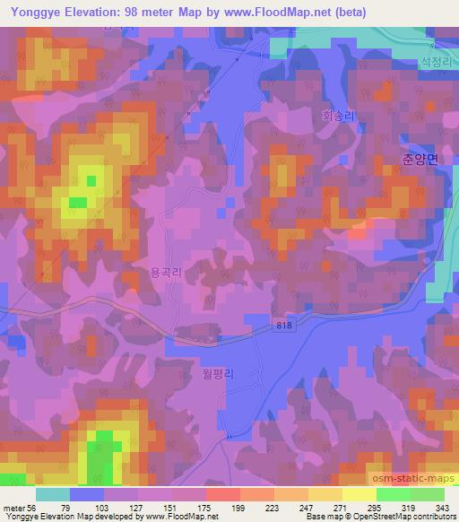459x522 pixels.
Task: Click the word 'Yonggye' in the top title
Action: (32, 12)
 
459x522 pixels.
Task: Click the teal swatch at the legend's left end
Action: (53, 493)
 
